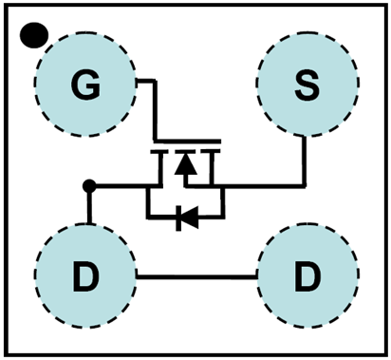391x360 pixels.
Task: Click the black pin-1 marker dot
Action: (34, 35)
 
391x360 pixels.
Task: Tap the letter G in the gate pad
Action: (85, 87)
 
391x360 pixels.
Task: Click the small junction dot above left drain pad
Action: (89, 185)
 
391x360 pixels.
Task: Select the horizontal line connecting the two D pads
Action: (196, 276)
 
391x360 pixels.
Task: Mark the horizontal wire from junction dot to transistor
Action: (124, 185)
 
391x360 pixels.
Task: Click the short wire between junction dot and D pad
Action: (89, 206)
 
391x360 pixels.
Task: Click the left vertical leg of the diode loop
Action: (146, 201)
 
